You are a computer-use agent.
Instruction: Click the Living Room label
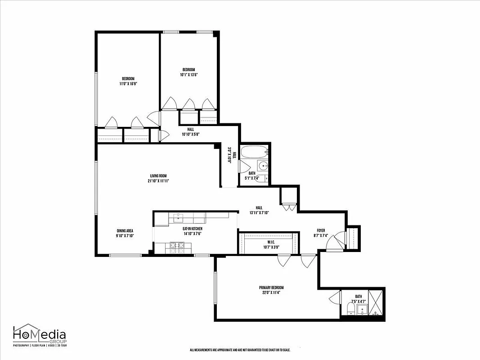[159, 178]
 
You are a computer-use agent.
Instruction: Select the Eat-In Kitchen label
[192, 231]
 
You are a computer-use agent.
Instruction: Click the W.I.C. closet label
[269, 244]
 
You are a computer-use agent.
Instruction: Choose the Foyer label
[321, 233]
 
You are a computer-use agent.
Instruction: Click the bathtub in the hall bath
[254, 152]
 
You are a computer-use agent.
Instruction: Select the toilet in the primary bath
[351, 309]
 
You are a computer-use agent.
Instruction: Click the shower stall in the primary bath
[377, 302]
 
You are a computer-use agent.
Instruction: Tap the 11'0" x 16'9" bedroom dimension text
[128, 84]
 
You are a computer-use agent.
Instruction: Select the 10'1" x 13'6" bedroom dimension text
[188, 75]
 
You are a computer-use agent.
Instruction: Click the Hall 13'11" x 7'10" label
[259, 210]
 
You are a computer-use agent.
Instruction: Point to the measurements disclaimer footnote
[240, 350]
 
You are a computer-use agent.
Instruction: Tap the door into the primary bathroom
[335, 298]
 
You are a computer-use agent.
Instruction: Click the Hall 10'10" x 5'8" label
[190, 132]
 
